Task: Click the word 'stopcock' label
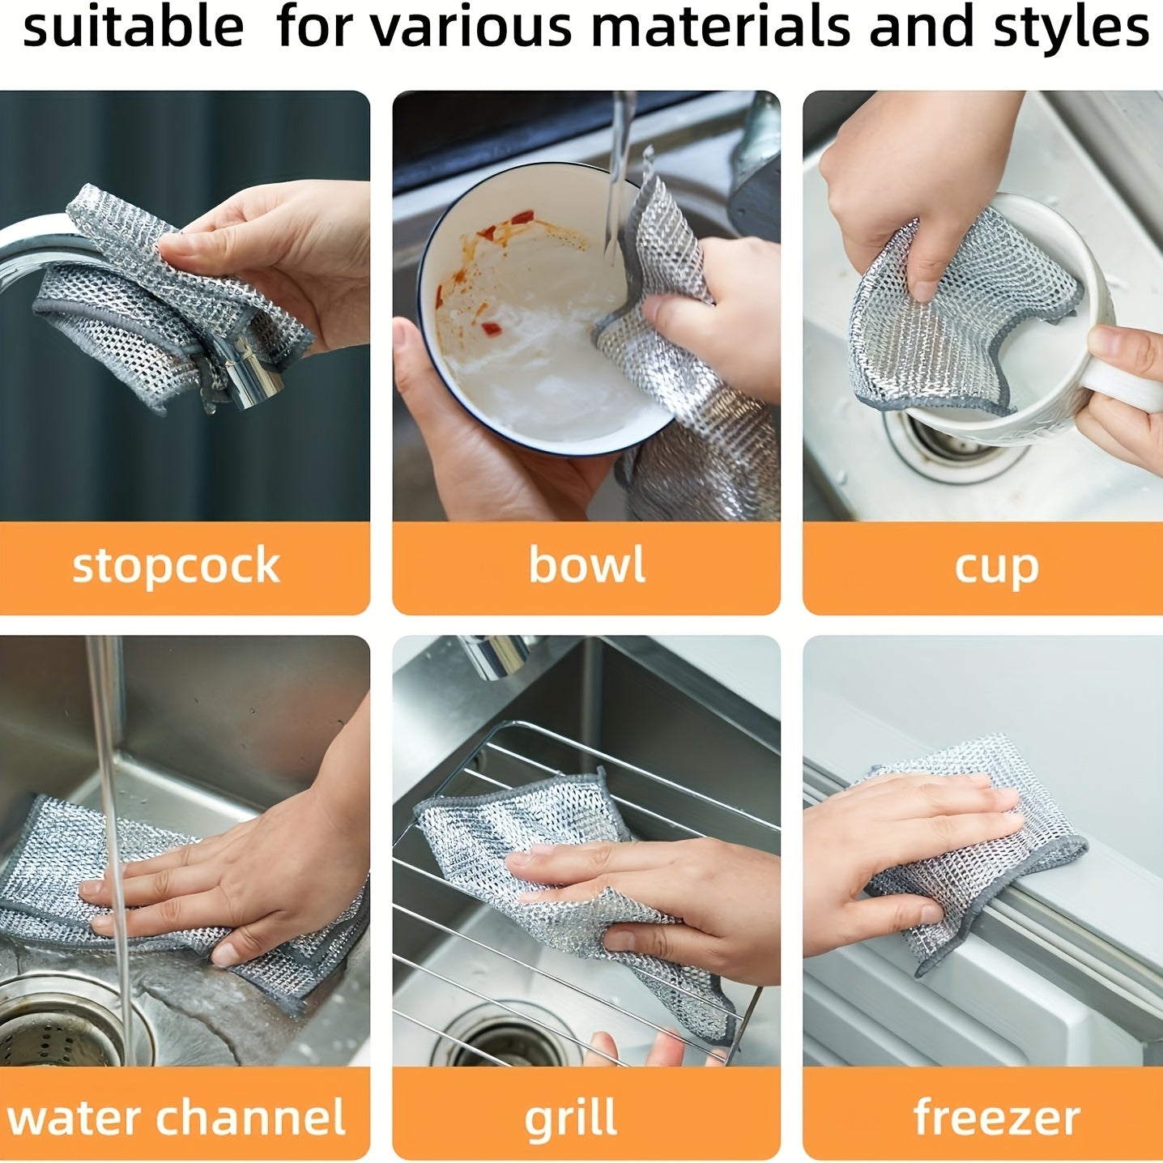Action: [176, 566]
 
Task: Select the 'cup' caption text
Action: [996, 566]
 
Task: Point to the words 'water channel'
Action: [176, 1118]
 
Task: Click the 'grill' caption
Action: [570, 1119]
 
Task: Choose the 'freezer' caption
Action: [996, 1118]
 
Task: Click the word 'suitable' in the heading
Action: [133, 27]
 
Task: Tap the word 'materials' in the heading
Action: [721, 27]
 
